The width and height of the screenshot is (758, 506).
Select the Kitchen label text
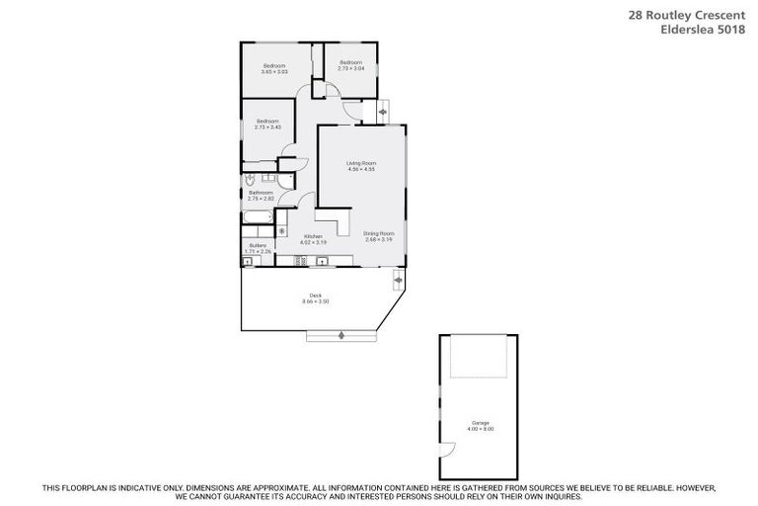[x=313, y=238]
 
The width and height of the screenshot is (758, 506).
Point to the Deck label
[x=316, y=298]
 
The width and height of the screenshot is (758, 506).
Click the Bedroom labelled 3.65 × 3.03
[x=274, y=68]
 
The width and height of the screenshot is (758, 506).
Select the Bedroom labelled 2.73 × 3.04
[x=350, y=65]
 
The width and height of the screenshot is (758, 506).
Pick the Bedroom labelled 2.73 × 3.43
[x=267, y=125]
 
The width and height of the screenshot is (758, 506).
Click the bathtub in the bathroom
[x=259, y=218]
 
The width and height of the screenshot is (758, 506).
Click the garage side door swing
[x=445, y=450]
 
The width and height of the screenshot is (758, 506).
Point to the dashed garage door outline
[x=479, y=356]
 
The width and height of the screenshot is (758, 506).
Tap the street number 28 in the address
[x=636, y=15]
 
